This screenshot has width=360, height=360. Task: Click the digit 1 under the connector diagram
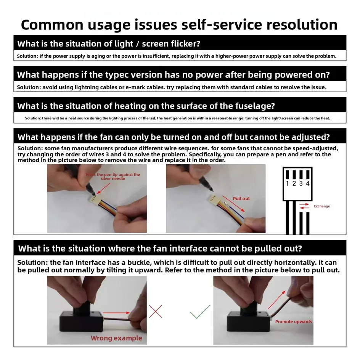287,183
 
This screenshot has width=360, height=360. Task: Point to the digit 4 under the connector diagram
308,183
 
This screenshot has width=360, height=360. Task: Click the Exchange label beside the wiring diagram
321,206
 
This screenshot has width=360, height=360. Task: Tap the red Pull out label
241,199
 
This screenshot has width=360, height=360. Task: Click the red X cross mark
156,312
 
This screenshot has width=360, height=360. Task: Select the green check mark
200,312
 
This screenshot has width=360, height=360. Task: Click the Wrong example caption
116,338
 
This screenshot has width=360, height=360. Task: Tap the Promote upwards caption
293,321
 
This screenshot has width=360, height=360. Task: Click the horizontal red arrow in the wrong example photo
116,312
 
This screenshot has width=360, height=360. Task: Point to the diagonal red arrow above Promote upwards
276,300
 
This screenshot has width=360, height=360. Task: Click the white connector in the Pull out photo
212,199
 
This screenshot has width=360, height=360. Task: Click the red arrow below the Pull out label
234,204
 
